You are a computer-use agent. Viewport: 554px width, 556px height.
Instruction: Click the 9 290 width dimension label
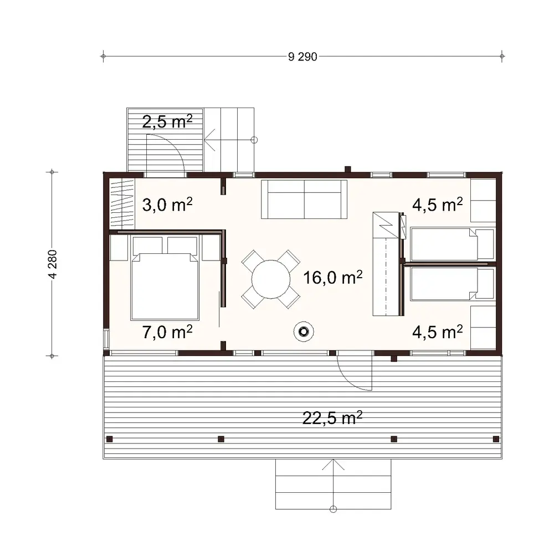pos(302,57)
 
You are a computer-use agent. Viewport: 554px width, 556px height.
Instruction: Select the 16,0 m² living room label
pos(333,277)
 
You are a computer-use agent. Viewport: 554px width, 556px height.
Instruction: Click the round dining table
pos(271,279)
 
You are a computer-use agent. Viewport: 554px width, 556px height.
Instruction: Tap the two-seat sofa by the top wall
pos(304,199)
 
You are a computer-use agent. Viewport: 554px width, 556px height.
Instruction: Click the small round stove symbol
pos(303,331)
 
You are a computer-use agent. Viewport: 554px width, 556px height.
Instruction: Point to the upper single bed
pos(452,244)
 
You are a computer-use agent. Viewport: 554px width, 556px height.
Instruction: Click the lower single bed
pos(452,284)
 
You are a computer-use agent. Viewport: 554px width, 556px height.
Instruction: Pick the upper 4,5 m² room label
pos(437,205)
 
